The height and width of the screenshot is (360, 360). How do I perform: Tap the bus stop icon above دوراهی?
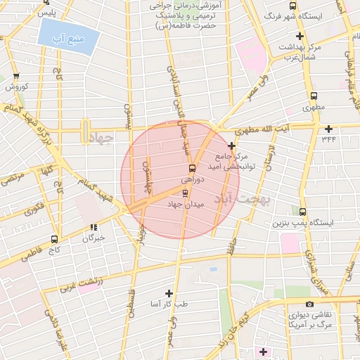tap(192, 168)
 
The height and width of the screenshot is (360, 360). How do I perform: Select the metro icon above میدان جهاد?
tap(186, 192)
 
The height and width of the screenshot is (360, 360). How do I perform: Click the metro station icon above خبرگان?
tap(94, 227)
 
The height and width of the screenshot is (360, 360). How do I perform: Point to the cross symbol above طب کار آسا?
tap(169, 292)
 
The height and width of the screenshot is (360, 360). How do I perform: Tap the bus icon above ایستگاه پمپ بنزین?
tap(303, 211)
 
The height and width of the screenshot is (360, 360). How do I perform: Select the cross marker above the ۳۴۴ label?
tap(329, 128)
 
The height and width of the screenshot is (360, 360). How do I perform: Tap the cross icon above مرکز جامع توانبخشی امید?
tap(232, 145)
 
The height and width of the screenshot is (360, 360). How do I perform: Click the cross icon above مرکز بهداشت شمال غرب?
tap(300, 36)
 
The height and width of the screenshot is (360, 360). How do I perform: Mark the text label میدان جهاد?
tap(184, 204)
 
